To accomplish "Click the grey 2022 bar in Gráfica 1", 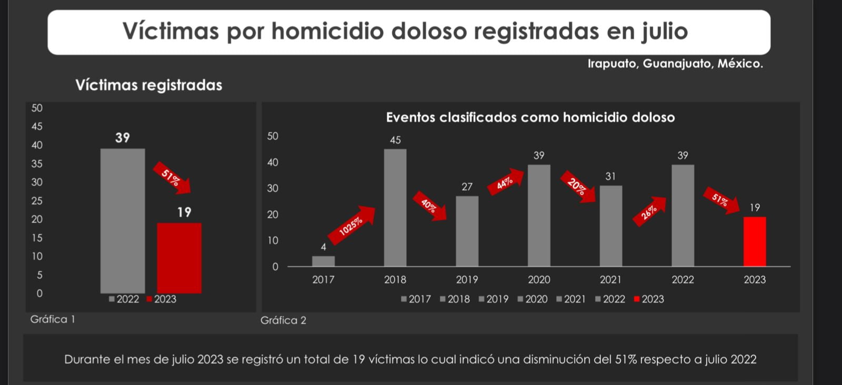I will coord(123,220).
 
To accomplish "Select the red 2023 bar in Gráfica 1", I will coord(179,258).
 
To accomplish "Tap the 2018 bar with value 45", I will coord(395,207).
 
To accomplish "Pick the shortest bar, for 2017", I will coord(323,261).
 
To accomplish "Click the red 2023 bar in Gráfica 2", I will coord(755,241).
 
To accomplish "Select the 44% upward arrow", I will coord(506,182).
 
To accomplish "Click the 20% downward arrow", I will coord(577,186).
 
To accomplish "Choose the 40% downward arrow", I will coord(429,206).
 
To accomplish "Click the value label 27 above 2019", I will coord(467,187).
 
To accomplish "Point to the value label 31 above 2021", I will coord(610,176).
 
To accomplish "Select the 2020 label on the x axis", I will coord(539,280).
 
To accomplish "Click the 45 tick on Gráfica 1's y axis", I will coord(37,127).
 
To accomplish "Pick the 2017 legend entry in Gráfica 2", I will coord(416,299).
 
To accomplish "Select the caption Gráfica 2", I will coord(283,320).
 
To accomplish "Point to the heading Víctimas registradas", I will coord(148,85).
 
